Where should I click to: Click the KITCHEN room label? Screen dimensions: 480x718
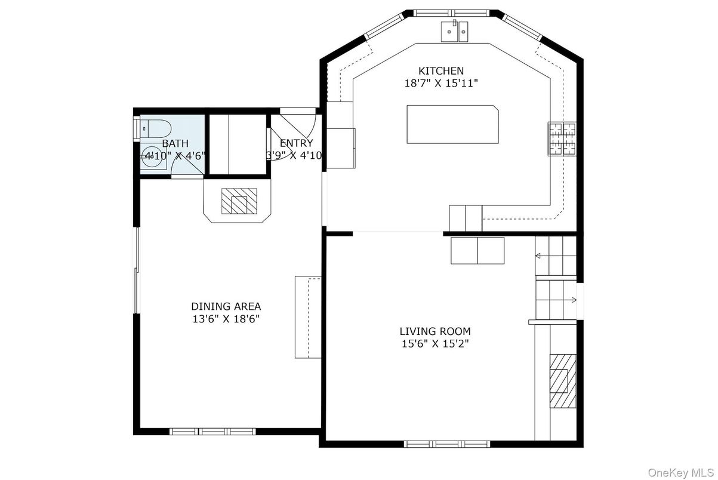point(440,71)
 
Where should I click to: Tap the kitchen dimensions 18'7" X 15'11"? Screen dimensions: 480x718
point(440,84)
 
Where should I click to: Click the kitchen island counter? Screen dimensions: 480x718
point(452,124)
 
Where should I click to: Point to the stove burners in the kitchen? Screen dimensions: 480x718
point(562,139)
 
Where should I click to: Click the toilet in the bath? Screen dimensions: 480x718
point(157,128)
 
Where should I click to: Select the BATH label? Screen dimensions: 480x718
point(175,143)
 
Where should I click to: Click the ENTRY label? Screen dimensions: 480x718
point(296,143)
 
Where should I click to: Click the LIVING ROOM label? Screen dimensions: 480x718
point(435,331)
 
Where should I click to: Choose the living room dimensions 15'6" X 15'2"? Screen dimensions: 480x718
point(435,343)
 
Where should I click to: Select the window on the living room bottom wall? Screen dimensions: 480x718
point(446,444)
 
